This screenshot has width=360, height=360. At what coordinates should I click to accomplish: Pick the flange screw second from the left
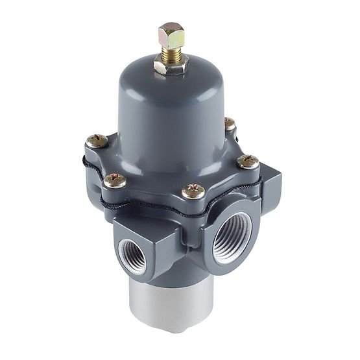coord(115,180)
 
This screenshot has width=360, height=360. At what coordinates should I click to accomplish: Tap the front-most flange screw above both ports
coord(193,190)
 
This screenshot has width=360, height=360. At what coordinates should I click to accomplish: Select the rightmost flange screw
coord(248,161)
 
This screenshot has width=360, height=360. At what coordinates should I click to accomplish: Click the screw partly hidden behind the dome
coord(229,123)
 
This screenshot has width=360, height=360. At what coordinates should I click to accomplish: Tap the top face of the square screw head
coord(171,28)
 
